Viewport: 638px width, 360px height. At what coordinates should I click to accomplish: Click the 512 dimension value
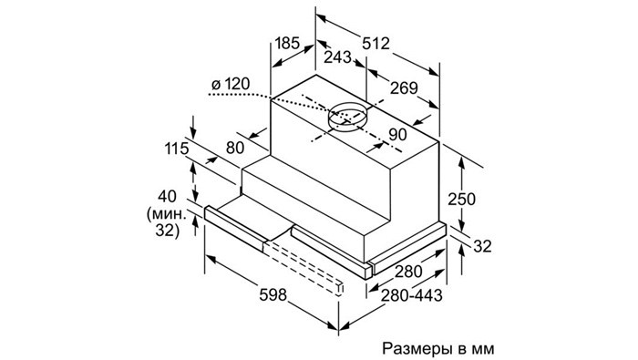[376, 43]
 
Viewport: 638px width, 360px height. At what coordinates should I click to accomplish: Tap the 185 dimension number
[287, 43]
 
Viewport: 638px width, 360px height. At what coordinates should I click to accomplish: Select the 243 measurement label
[337, 57]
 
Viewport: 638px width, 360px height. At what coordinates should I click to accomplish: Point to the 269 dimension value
[404, 87]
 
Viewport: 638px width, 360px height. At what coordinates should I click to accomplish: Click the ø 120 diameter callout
[231, 84]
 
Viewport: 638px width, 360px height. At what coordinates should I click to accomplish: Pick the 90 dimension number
[397, 135]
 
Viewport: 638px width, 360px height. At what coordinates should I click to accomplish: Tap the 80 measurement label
[235, 148]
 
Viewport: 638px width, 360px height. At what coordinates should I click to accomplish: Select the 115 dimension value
[177, 149]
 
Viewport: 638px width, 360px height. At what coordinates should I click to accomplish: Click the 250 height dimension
[461, 200]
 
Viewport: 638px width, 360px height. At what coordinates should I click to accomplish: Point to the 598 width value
[273, 295]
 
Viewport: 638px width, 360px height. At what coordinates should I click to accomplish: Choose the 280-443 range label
[411, 295]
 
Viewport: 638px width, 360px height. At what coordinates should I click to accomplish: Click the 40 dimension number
[167, 197]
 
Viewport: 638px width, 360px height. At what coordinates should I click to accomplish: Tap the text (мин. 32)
[168, 222]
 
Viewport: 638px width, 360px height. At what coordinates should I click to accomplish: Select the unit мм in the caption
[483, 349]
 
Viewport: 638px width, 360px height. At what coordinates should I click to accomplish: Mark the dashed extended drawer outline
[304, 266]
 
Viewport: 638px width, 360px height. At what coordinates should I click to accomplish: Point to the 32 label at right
[482, 246]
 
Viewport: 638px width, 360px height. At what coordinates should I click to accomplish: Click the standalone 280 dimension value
[408, 272]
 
